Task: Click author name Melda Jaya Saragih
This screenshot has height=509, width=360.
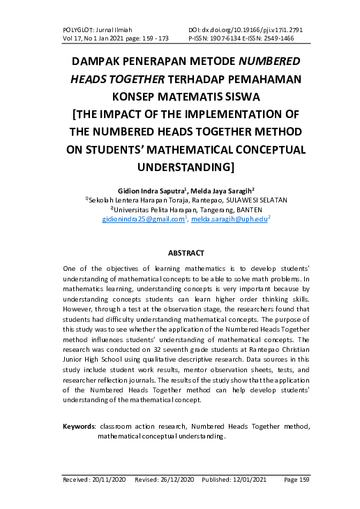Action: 223,189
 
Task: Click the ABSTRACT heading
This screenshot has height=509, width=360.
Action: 186,252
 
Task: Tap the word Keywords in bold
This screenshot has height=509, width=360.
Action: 79,426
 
